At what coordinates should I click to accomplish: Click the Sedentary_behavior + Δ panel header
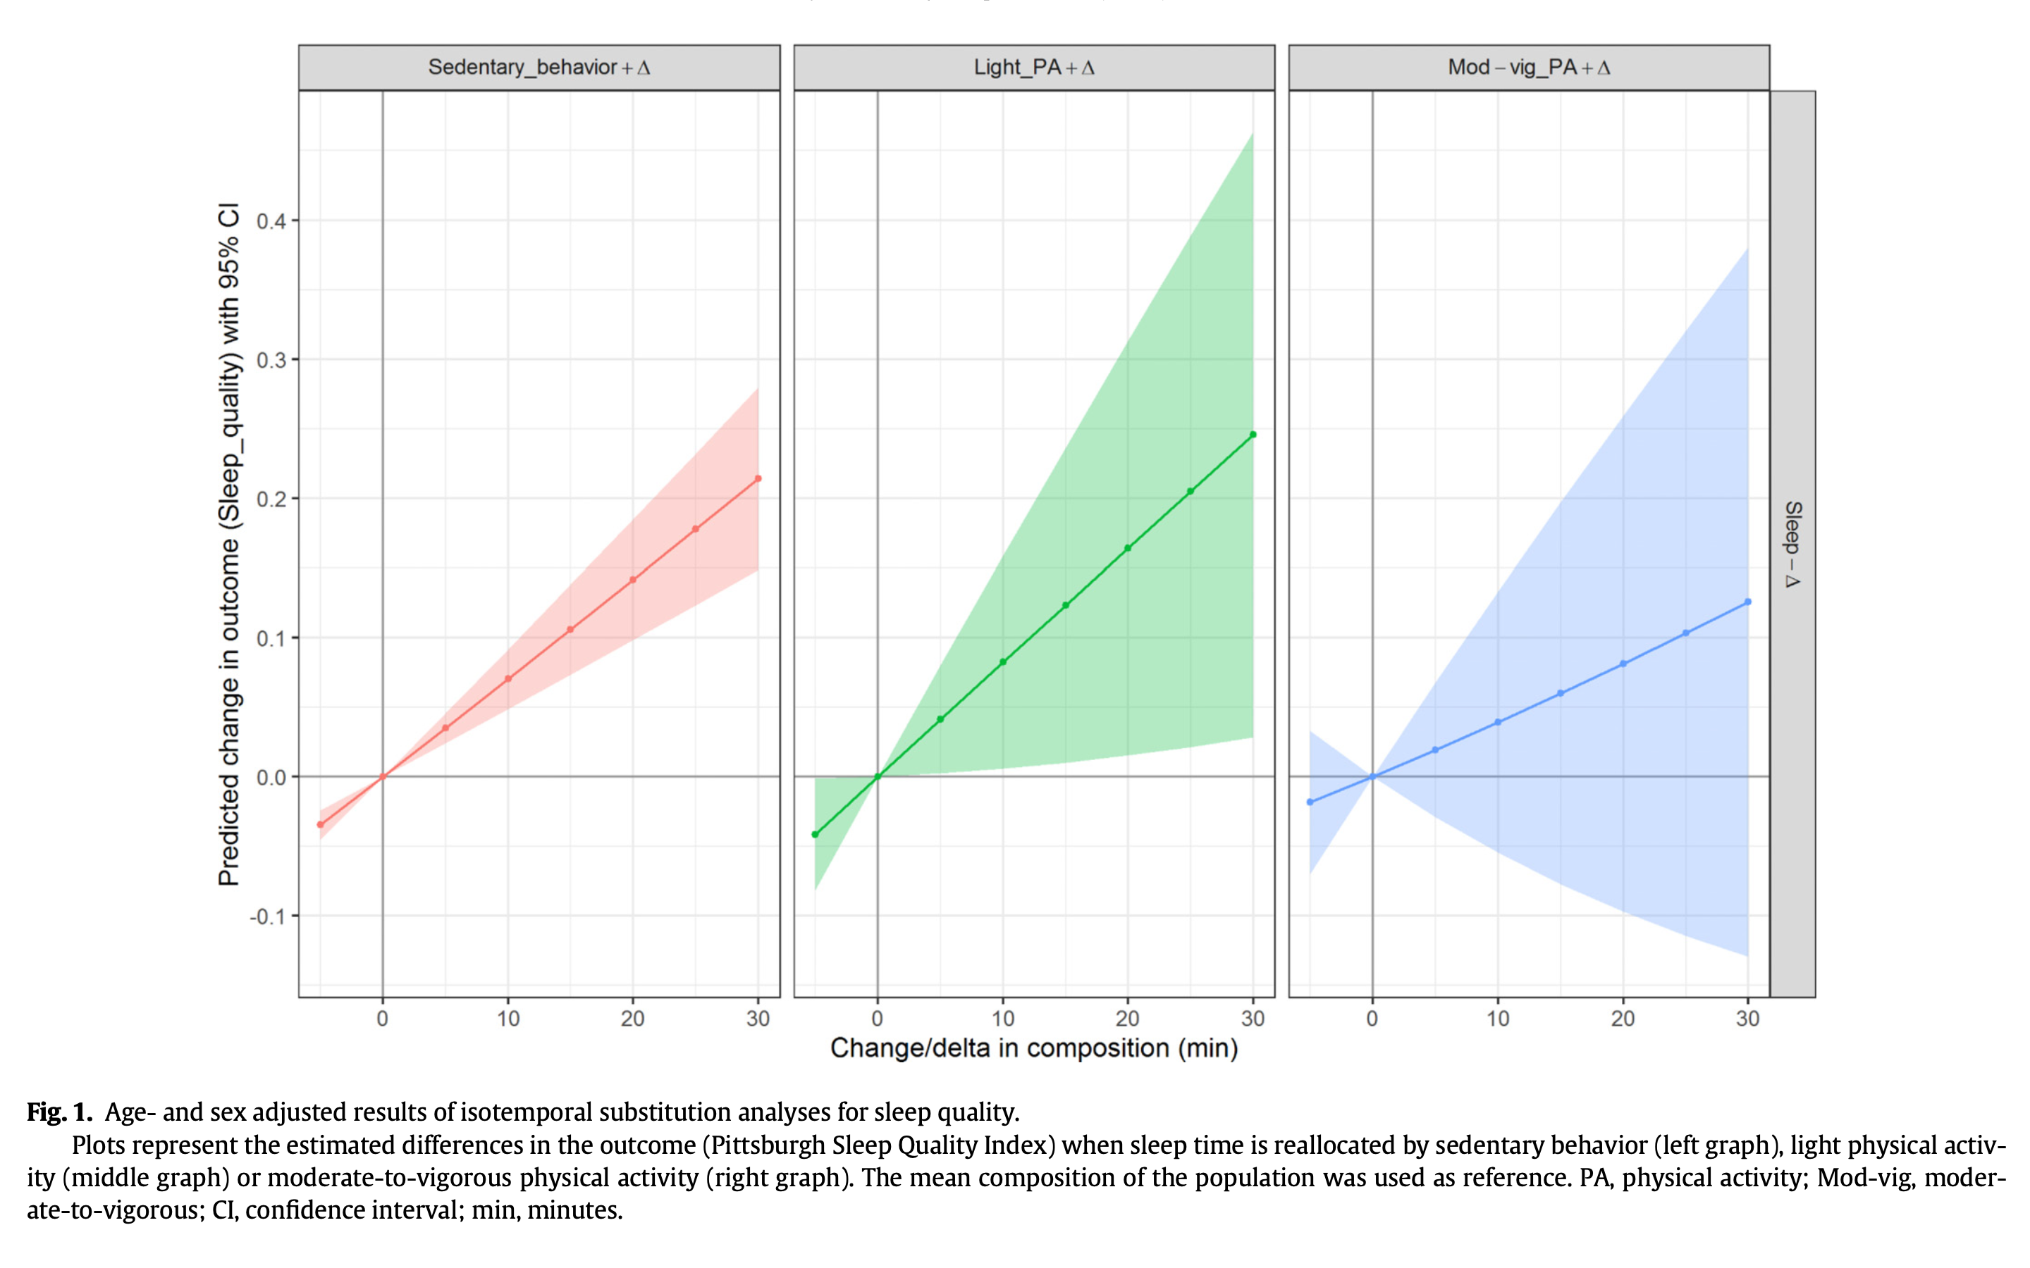[x=539, y=67]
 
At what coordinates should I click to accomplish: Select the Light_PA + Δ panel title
[x=1033, y=67]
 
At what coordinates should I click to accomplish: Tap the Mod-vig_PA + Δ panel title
[x=1528, y=67]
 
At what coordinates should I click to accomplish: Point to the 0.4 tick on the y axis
[x=271, y=221]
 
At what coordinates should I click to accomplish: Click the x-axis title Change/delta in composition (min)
[x=1033, y=1048]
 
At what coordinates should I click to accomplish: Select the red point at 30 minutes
[x=758, y=479]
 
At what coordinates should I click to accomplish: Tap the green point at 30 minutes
[x=1253, y=435]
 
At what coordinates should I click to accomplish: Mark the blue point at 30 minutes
[x=1748, y=602]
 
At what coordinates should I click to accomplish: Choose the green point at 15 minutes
[x=1065, y=606]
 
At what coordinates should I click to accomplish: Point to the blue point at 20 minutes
[x=1623, y=664]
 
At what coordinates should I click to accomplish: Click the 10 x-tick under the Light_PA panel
[x=1002, y=1019]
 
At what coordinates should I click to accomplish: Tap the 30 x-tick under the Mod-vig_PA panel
[x=1748, y=1019]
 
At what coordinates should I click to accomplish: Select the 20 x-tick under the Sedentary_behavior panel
[x=632, y=1019]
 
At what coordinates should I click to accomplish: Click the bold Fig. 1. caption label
[x=59, y=1112]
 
